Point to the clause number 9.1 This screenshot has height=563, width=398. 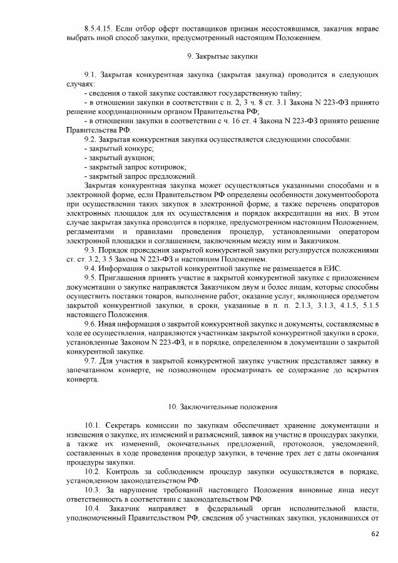[x=91, y=74]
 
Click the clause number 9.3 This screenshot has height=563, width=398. [x=91, y=249]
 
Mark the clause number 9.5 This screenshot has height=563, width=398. [x=91, y=277]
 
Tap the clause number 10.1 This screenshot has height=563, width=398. [x=93, y=425]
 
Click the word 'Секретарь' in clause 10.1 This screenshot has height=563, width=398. [x=125, y=425]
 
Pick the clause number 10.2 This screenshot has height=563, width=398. [x=93, y=471]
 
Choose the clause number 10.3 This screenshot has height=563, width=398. [x=93, y=489]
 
